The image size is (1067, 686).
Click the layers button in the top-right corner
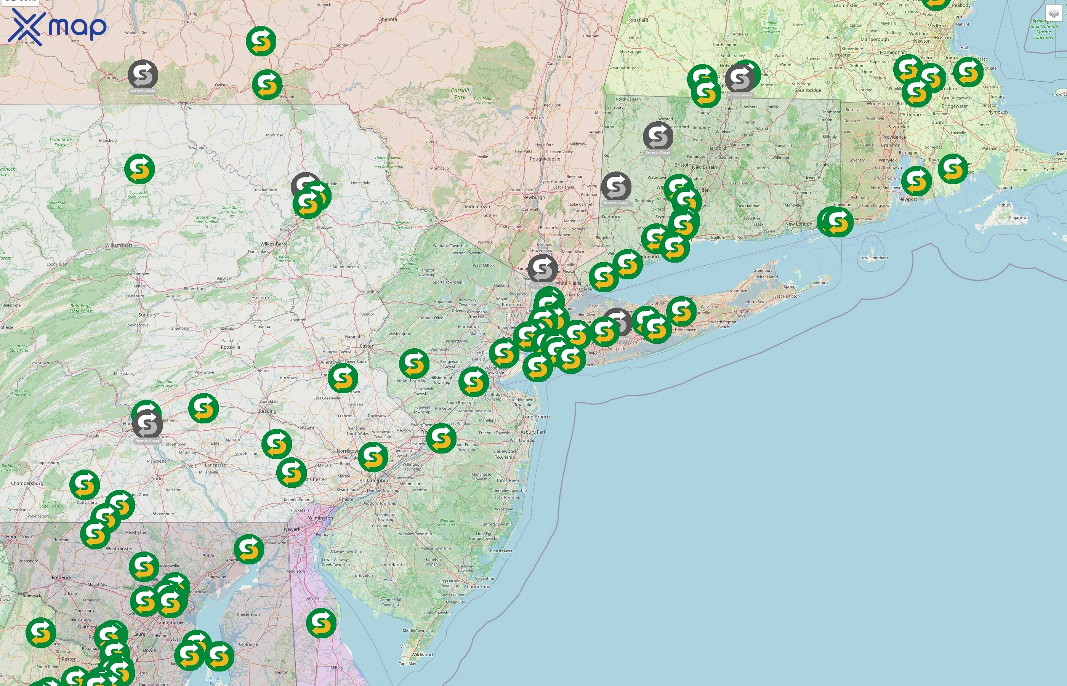point(1053,13)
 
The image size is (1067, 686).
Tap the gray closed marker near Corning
point(143,74)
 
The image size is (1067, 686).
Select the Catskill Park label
point(460,93)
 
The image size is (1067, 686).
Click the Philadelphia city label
point(373,481)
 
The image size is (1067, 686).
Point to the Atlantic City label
point(476,587)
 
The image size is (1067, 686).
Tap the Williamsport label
point(119,245)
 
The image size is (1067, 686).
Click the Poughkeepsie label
point(545,159)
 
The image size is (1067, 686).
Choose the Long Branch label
point(536,417)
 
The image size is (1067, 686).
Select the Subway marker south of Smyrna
point(321,623)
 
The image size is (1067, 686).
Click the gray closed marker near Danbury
point(616,187)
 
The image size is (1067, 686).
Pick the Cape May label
point(407,664)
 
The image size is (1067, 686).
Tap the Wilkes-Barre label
point(274,244)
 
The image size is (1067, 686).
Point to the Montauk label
point(820,283)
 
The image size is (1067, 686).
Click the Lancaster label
point(215,465)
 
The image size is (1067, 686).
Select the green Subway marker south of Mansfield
point(139,169)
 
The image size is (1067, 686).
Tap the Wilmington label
point(320,518)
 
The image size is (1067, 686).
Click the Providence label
point(894,137)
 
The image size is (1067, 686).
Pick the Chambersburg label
point(27,483)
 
